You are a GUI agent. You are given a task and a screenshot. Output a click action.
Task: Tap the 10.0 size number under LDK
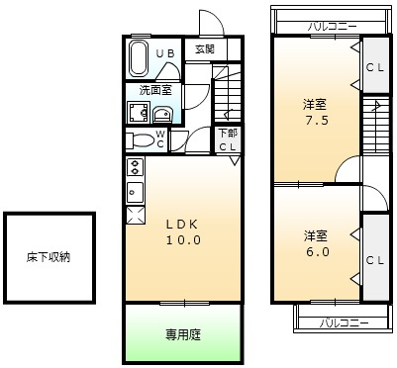click(182, 239)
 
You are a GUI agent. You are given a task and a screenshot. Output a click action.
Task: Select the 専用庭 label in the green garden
click(182, 334)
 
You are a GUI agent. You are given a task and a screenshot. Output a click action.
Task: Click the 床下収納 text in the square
click(49, 258)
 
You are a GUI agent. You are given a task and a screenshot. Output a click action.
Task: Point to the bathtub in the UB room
click(140, 58)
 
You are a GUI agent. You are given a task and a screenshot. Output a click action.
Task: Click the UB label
click(169, 52)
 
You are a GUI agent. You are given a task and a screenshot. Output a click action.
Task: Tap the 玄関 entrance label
click(204, 48)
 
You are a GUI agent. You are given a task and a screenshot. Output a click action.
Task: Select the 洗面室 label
click(152, 90)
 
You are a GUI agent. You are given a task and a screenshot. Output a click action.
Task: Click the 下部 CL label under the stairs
click(228, 140)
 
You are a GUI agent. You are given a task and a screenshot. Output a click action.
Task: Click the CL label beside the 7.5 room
click(374, 68)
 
